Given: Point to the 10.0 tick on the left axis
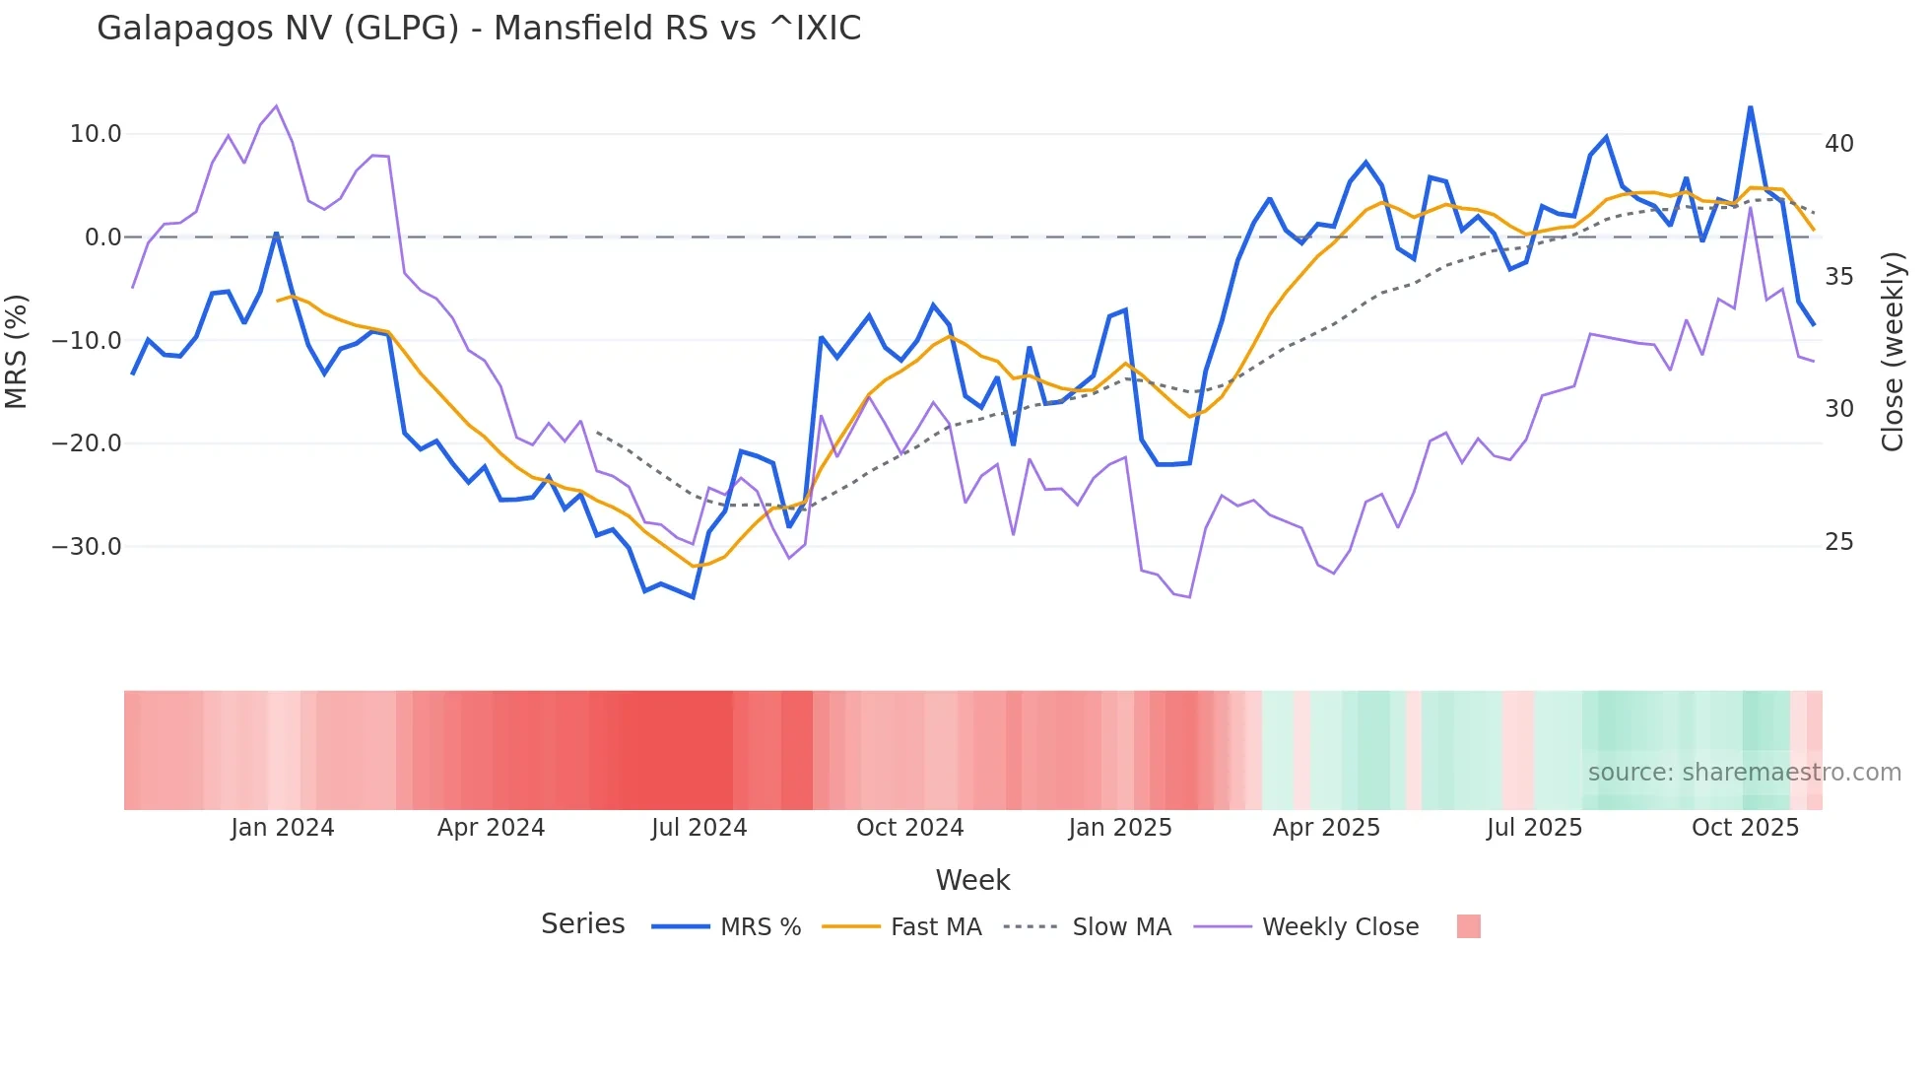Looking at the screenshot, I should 95,134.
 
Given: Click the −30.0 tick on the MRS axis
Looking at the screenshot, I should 87,546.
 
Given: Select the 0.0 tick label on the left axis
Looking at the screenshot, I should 102,238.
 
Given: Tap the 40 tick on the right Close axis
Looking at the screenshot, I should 1838,144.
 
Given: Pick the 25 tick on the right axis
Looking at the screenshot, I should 1838,542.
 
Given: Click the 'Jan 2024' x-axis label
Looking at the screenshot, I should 283,828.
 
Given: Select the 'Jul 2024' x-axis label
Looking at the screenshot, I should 699,828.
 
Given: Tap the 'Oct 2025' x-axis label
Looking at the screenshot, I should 1745,828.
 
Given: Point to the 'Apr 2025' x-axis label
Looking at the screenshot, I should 1326,828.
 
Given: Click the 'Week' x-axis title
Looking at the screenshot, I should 972,880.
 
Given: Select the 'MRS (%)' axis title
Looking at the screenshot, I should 17,352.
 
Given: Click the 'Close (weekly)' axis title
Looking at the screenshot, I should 1893,352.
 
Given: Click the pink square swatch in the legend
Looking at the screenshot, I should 1468,926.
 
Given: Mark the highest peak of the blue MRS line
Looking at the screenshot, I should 1750,106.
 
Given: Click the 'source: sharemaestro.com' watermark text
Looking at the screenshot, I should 1744,773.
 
